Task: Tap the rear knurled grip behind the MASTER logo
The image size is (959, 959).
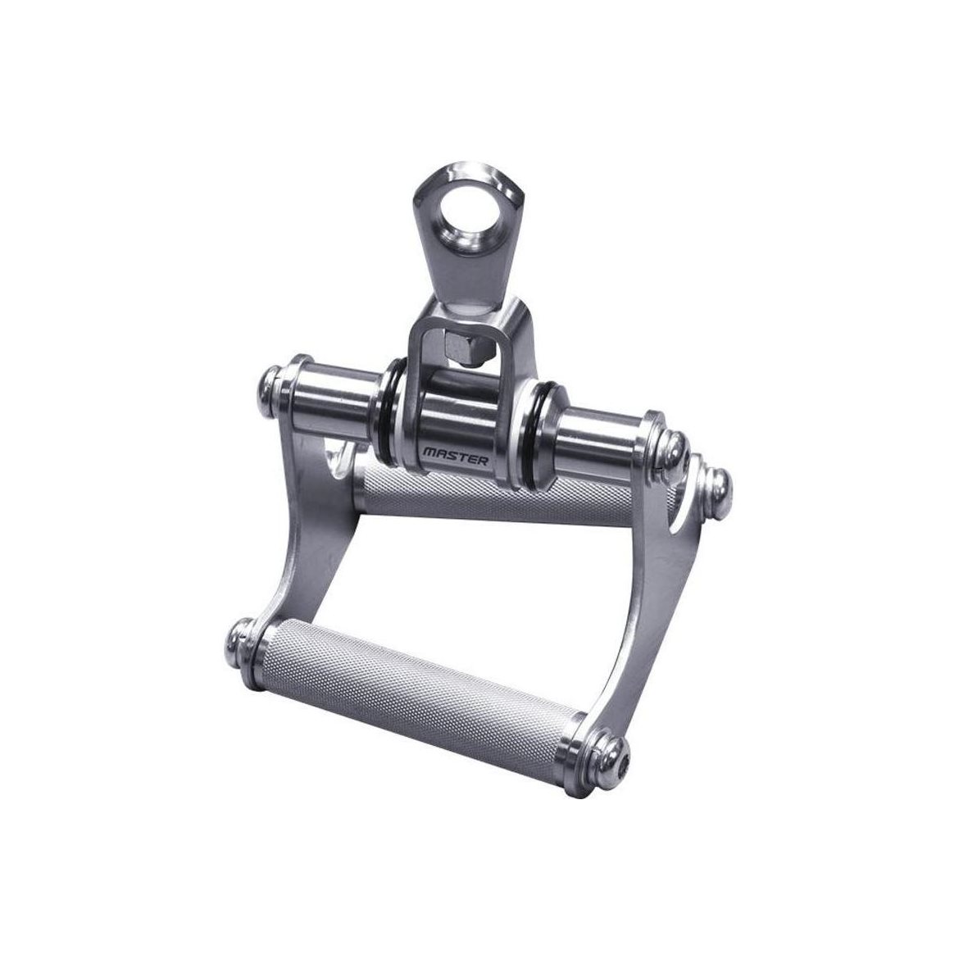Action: pos(495,495)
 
